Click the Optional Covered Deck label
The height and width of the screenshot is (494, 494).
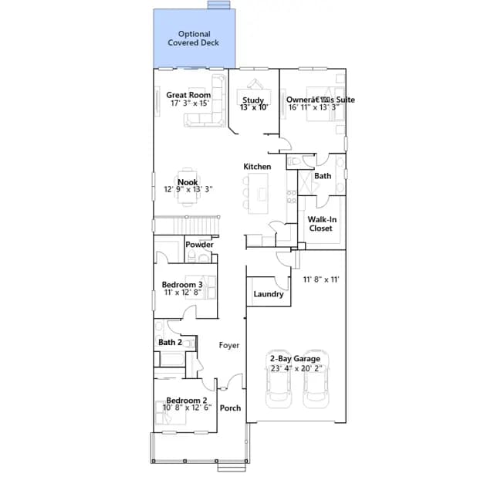(x=194, y=39)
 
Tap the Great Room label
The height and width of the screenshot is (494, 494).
(x=188, y=95)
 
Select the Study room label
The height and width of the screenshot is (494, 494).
(x=253, y=100)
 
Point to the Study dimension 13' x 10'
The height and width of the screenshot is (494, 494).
(x=254, y=107)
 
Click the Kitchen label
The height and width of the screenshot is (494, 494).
(x=257, y=167)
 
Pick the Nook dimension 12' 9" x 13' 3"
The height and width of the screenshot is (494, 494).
(x=188, y=189)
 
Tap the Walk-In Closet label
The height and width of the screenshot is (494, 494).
(x=322, y=224)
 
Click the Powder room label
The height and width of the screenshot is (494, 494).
(x=199, y=245)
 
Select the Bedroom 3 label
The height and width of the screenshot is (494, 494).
(x=182, y=285)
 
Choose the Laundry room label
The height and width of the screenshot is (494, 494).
(x=269, y=294)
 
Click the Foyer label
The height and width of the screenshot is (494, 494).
(x=229, y=345)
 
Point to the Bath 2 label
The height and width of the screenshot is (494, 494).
(x=170, y=342)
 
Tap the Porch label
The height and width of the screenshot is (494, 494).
(x=230, y=408)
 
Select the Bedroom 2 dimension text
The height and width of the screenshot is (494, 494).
(x=187, y=408)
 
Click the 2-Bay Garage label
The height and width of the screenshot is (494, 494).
(x=295, y=358)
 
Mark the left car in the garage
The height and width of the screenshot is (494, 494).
(x=279, y=379)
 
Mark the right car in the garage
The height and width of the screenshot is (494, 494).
(x=316, y=379)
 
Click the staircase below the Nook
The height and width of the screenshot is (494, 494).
(x=187, y=225)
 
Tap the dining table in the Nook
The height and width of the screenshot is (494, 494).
(x=188, y=188)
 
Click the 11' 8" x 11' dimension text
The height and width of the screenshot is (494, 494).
(x=321, y=279)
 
